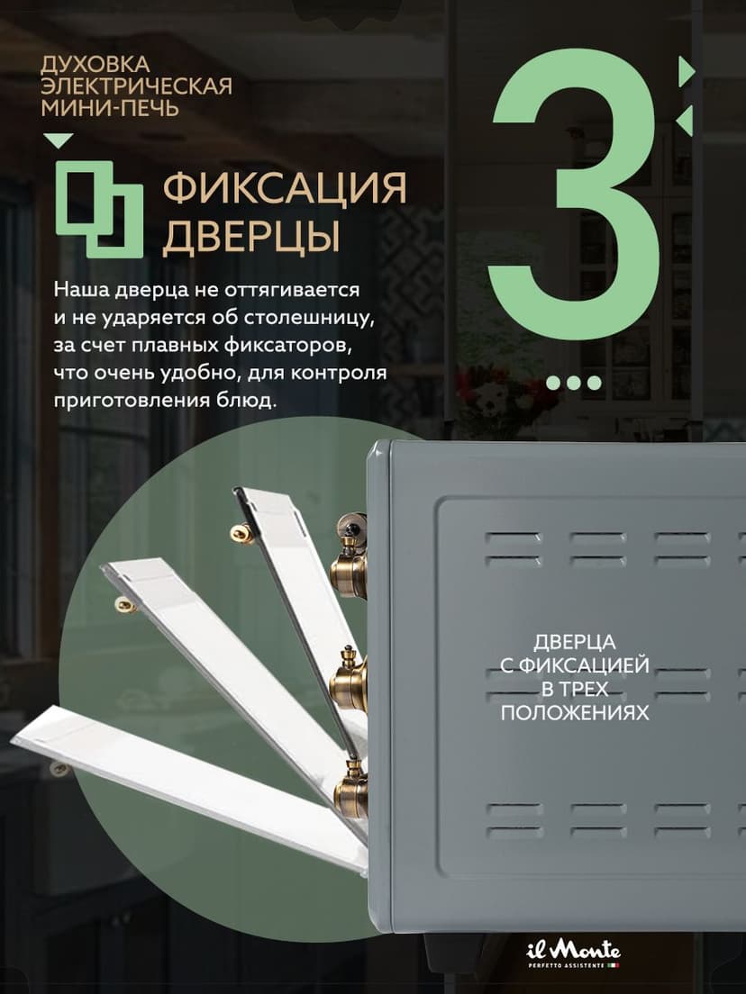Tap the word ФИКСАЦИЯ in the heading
pyautogui.click(x=285, y=189)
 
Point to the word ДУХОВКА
pyautogui.click(x=95, y=65)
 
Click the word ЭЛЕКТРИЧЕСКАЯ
pyautogui.click(x=136, y=87)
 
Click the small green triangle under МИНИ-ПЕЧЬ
pyautogui.click(x=59, y=140)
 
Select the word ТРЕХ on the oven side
pyautogui.click(x=587, y=689)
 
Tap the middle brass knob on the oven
pyautogui.click(x=350, y=680)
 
